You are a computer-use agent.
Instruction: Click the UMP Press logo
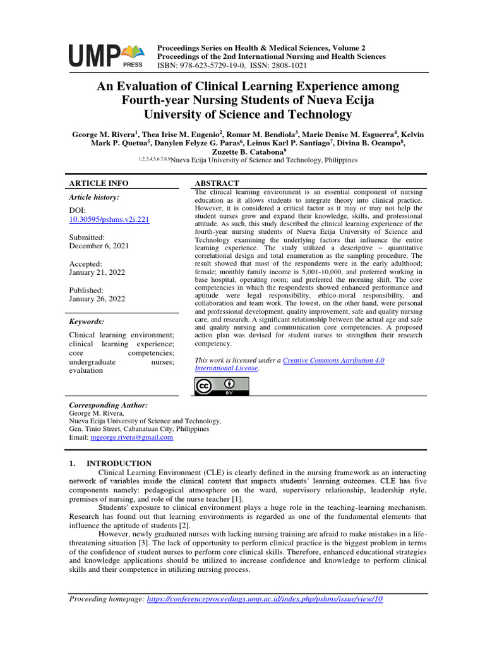click(x=106, y=56)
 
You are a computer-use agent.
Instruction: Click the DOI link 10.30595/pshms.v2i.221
click(x=109, y=219)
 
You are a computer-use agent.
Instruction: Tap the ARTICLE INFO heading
click(x=98, y=183)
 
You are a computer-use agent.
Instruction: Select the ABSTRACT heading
click(x=217, y=183)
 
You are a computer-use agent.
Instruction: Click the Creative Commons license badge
click(x=221, y=386)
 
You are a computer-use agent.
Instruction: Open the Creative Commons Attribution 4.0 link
click(x=333, y=360)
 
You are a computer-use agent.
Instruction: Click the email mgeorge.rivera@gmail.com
click(x=131, y=437)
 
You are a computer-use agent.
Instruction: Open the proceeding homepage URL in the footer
click(x=265, y=599)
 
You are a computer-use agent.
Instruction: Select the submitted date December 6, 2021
click(x=99, y=246)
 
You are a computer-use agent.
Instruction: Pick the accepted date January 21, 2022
click(x=97, y=273)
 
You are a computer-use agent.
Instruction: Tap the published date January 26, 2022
click(x=97, y=299)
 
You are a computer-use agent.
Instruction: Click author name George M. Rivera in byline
click(x=104, y=135)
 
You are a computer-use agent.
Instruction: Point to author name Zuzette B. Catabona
click(x=240, y=152)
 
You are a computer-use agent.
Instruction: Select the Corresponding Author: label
click(x=107, y=404)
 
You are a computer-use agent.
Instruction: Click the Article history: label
click(x=93, y=197)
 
